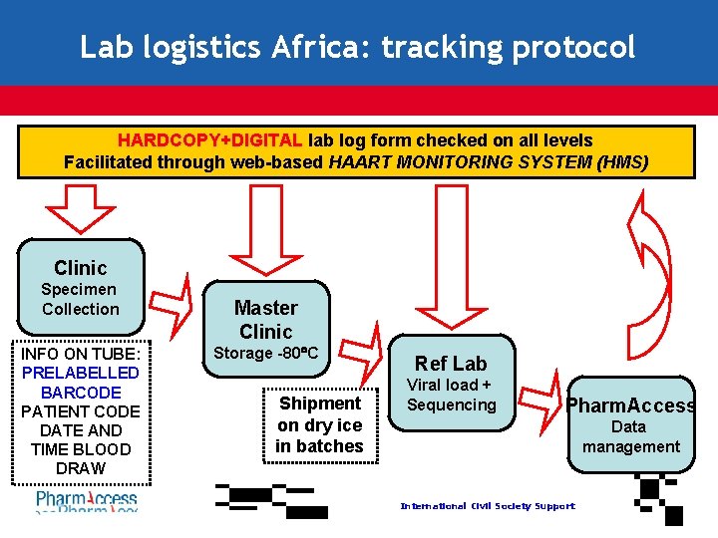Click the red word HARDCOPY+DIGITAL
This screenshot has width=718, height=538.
[210, 140]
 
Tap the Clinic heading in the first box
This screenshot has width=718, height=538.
[80, 267]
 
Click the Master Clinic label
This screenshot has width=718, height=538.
[265, 319]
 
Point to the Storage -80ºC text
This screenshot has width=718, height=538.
[265, 353]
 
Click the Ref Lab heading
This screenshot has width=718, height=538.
[451, 364]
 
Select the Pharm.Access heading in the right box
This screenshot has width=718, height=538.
[631, 404]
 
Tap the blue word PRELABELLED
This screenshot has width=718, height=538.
[81, 373]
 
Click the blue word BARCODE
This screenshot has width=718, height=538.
[81, 392]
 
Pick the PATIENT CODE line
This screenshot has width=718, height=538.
[81, 410]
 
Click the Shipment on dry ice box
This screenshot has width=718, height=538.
[320, 424]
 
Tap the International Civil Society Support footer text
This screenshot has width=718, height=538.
[487, 506]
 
